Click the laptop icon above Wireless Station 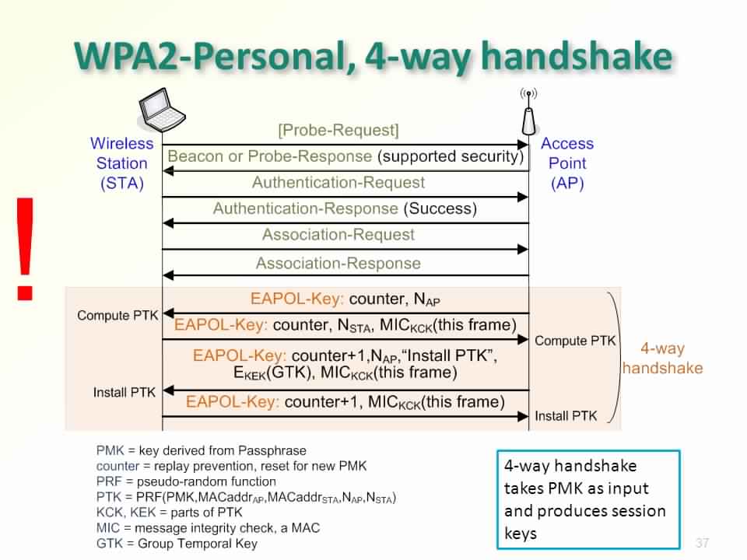[163, 111]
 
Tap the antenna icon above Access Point [528, 112]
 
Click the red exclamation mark [26, 249]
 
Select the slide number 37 [703, 542]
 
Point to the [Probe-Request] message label [338, 130]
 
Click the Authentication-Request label [338, 183]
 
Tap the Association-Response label [338, 263]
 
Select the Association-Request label [338, 235]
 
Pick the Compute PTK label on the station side [117, 316]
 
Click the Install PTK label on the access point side [566, 416]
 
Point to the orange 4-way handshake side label [662, 359]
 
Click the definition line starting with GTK [177, 543]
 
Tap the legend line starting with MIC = [208, 527]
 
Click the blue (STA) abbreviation [122, 184]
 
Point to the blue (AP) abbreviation [566, 184]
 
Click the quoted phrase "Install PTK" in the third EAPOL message [451, 356]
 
